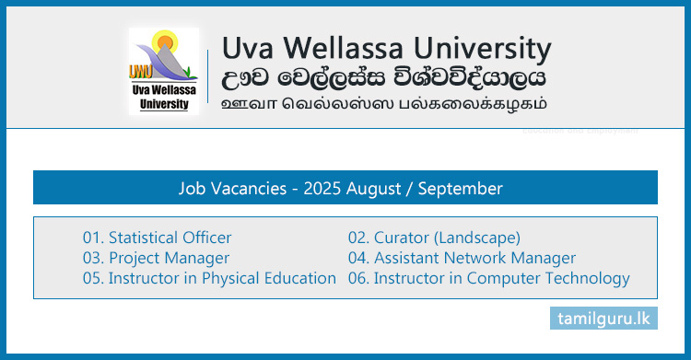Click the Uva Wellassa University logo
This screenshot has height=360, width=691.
tap(164, 71)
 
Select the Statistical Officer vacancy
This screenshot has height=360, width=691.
tap(157, 238)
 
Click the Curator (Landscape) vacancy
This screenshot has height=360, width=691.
tap(434, 238)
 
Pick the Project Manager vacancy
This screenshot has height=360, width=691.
tap(156, 258)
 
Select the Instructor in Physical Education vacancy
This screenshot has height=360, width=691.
tap(209, 278)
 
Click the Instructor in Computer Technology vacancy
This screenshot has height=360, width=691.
tap(488, 278)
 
